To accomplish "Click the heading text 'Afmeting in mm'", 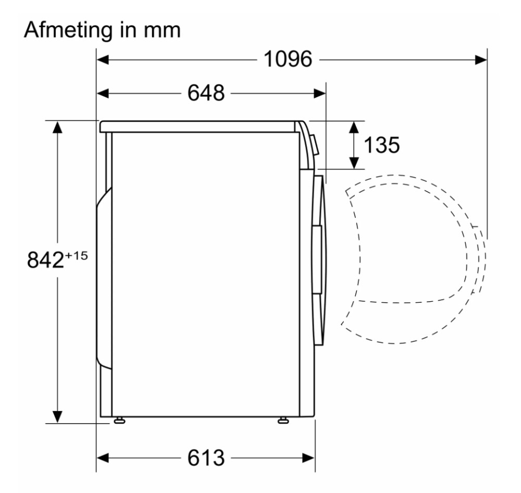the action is click(x=102, y=31).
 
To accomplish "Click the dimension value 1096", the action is click(x=288, y=59).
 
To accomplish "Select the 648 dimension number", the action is click(x=206, y=93).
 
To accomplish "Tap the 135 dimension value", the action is click(x=382, y=145).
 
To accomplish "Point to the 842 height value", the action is click(x=45, y=260).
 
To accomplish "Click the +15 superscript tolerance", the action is click(x=77, y=255).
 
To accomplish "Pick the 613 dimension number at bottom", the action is click(x=206, y=458).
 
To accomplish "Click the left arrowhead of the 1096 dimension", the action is click(x=103, y=60).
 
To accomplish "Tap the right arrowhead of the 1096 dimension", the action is click(x=481, y=60).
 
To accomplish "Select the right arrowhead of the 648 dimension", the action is click(x=320, y=94).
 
